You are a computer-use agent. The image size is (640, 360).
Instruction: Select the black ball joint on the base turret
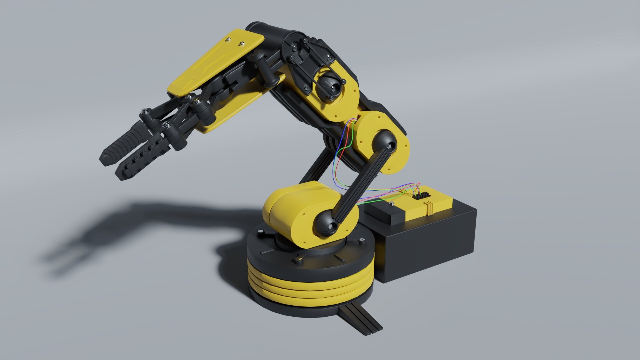tap(326, 225)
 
